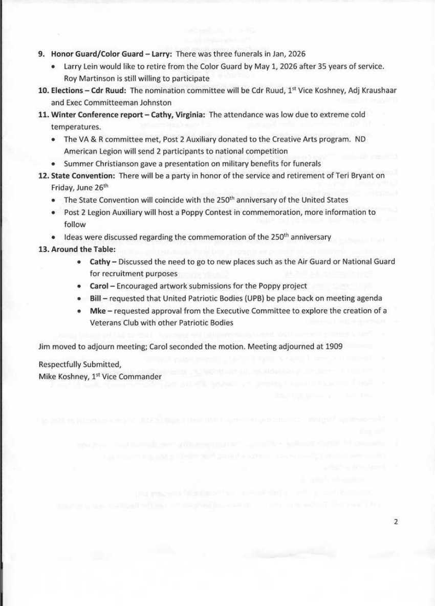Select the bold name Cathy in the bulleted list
(100, 262)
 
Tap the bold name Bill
(96, 298)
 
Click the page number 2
(395, 522)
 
